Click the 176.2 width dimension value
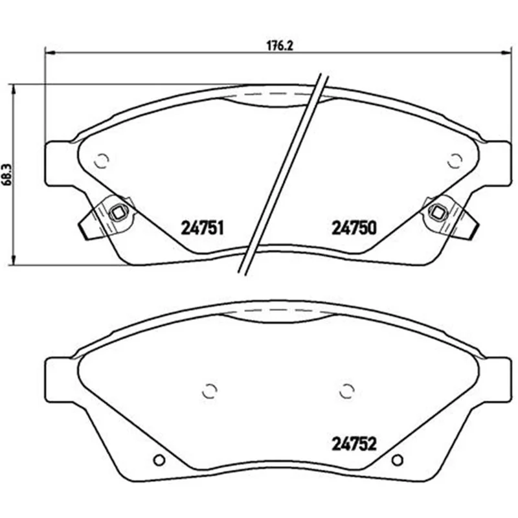280,45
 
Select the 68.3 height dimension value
8,174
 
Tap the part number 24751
202,228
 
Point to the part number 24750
354,228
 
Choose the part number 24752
354,444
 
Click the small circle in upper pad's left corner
102,161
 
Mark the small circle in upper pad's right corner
455,161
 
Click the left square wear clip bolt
117,212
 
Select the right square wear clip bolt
438,212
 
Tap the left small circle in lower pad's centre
209,391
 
